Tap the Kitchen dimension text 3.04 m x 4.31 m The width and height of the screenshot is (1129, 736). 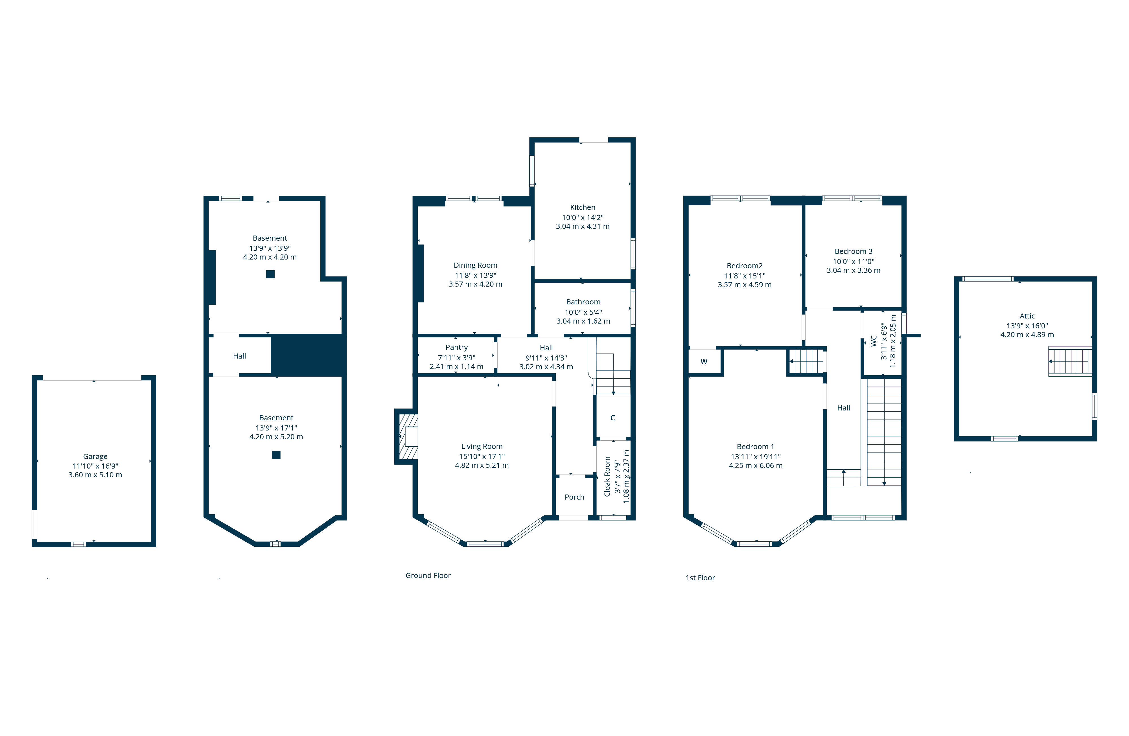click(583, 226)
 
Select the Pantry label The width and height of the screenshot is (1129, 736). click(456, 347)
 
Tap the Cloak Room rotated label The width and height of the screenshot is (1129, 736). click(607, 476)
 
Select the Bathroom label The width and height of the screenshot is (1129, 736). click(583, 302)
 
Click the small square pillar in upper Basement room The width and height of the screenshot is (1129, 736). click(270, 274)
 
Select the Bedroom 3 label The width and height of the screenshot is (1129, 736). click(854, 251)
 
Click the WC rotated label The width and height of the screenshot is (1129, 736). click(874, 341)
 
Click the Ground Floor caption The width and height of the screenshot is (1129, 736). click(428, 575)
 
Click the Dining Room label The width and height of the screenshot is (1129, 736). click(475, 265)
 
